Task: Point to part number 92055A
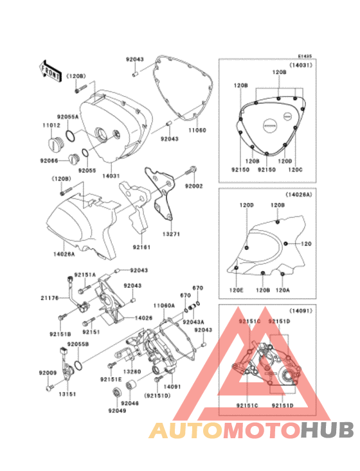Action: [67, 116]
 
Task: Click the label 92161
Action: [142, 245]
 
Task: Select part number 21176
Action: [50, 298]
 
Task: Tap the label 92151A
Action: [84, 274]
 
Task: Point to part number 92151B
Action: [60, 333]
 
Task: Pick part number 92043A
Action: [193, 321]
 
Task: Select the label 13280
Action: [132, 371]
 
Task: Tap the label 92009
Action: [47, 373]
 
